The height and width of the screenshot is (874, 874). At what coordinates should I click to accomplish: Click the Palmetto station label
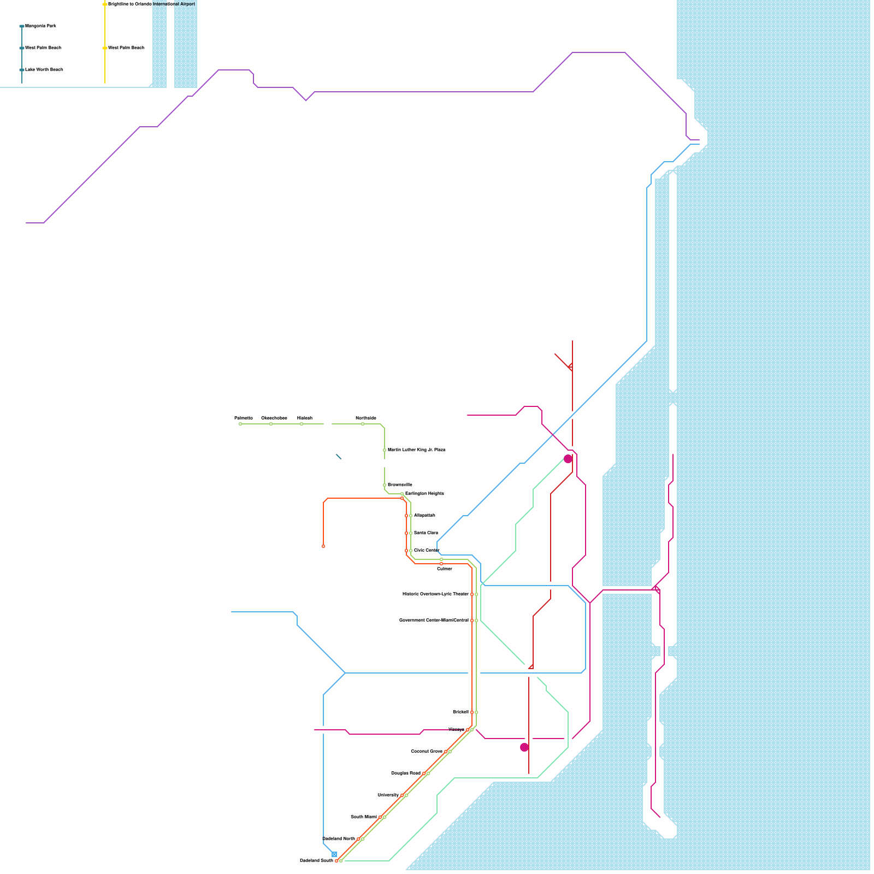244,418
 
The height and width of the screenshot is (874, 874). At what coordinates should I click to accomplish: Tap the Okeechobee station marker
271,424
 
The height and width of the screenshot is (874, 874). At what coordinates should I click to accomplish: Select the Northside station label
366,418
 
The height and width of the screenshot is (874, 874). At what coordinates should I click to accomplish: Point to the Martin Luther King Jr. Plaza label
416,450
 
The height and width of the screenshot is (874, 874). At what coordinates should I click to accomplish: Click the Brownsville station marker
385,485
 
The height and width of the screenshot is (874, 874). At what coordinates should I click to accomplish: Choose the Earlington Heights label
424,494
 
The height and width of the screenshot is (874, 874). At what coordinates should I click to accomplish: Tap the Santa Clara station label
426,533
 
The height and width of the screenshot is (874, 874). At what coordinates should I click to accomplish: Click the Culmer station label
445,569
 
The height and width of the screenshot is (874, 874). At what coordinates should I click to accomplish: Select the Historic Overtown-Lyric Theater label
435,594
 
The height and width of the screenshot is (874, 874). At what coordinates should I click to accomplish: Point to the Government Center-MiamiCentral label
434,621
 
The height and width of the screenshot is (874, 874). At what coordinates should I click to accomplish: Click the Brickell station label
460,712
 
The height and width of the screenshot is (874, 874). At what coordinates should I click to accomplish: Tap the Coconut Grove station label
427,752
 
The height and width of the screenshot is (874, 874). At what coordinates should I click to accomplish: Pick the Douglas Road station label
406,773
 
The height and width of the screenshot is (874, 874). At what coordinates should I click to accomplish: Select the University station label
388,795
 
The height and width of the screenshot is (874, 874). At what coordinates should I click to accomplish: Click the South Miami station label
364,817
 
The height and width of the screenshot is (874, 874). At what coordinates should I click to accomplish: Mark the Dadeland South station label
316,861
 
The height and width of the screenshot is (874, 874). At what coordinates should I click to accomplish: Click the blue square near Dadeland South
334,854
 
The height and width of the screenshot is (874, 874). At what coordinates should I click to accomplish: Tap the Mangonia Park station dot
22,26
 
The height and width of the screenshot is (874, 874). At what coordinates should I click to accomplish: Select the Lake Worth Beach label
44,70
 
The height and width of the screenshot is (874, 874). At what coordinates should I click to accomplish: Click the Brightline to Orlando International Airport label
151,4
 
